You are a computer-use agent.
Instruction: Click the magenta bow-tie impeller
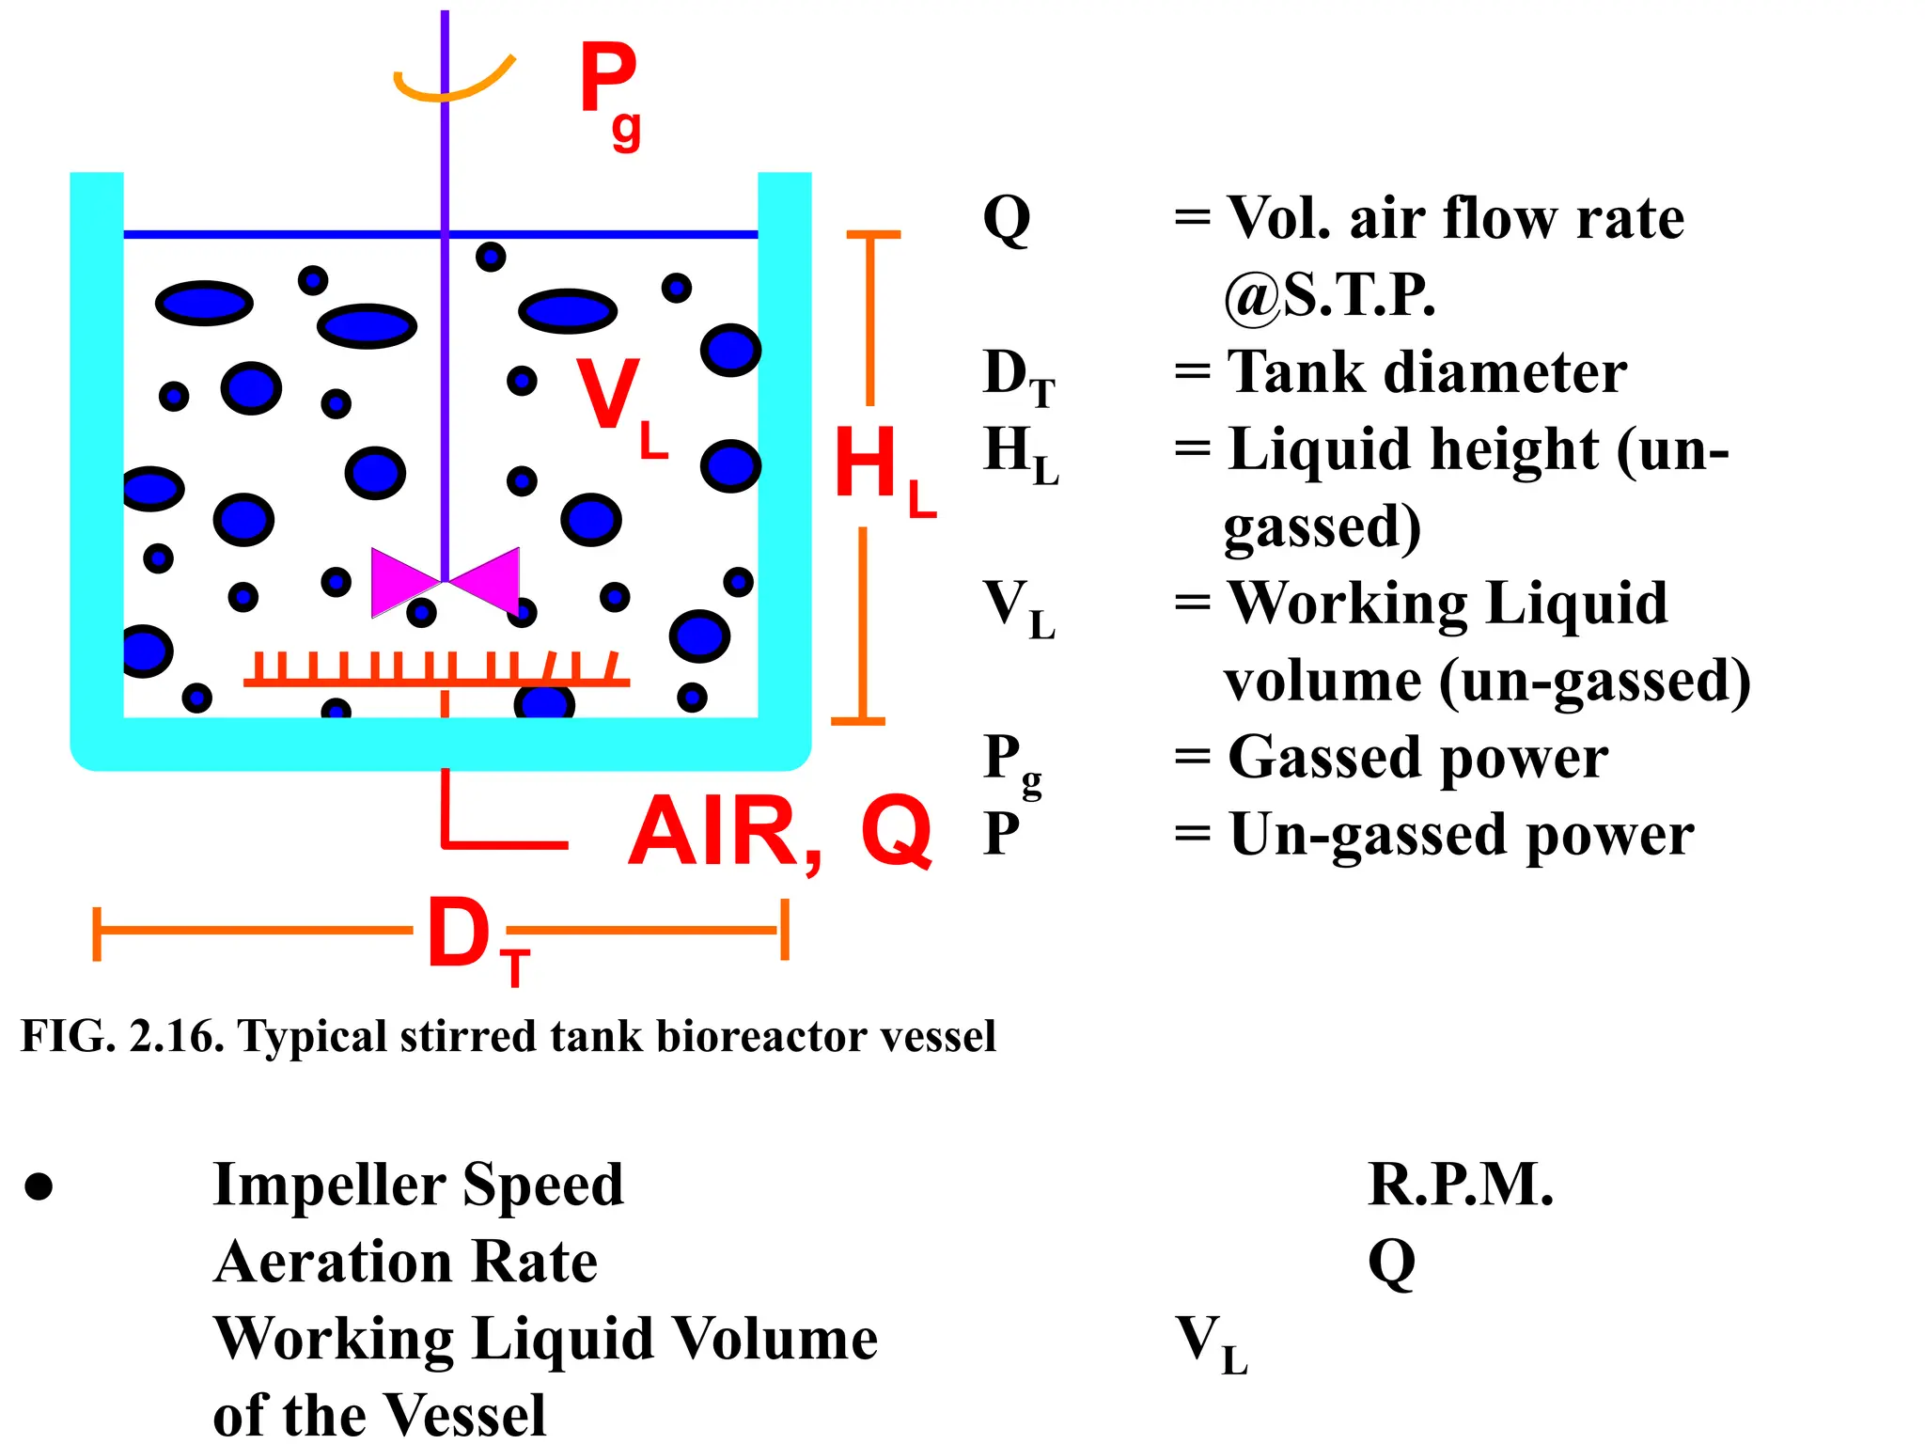pyautogui.click(x=445, y=582)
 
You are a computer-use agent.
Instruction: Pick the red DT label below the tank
pyautogui.click(x=476, y=936)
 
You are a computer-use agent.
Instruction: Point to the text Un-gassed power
pyautogui.click(x=1461, y=835)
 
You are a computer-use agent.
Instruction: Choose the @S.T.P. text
pyautogui.click(x=1329, y=295)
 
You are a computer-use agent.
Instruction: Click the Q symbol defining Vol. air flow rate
pyautogui.click(x=1006, y=219)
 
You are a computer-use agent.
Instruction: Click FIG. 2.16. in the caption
pyautogui.click(x=122, y=1036)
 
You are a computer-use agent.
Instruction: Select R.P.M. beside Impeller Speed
pyautogui.click(x=1460, y=1185)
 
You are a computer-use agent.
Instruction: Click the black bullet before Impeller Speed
pyautogui.click(x=39, y=1187)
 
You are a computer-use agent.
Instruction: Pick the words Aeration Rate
pyautogui.click(x=405, y=1262)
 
